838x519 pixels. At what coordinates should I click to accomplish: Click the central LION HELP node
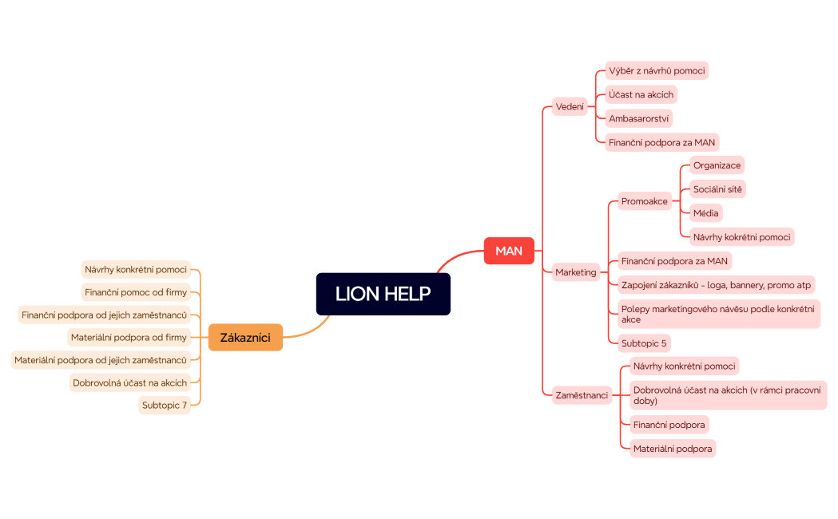[x=383, y=294]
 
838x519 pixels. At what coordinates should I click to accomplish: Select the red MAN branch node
[x=509, y=251]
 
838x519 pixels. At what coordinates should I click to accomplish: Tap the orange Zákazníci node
[x=245, y=337]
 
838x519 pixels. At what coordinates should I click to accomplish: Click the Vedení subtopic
[x=570, y=106]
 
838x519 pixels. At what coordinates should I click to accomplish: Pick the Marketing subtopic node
[x=575, y=272]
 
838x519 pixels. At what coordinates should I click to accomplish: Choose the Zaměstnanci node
[x=582, y=394]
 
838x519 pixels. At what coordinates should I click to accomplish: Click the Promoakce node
[x=644, y=201]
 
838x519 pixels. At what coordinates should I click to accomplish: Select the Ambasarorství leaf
[x=639, y=118]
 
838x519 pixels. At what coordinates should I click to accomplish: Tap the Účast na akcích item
[x=641, y=94]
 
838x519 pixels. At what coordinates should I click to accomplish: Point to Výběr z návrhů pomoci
[x=657, y=70]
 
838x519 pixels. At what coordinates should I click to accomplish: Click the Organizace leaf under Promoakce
[x=717, y=165]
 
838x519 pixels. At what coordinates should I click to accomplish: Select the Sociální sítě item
[x=717, y=189]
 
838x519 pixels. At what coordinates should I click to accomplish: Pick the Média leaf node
[x=706, y=212]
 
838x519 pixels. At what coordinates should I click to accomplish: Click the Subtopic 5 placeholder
[x=644, y=343]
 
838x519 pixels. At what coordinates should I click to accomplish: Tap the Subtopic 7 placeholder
[x=165, y=405]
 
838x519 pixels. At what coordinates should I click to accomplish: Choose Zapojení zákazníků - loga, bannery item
[x=716, y=284]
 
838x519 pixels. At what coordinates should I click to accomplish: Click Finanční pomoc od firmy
[x=136, y=291]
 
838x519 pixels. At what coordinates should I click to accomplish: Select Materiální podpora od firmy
[x=129, y=337]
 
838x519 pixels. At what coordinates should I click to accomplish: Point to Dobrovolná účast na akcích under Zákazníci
[x=129, y=382]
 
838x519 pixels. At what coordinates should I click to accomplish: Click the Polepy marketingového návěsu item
[x=717, y=314]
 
